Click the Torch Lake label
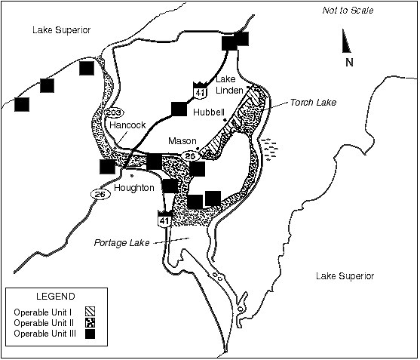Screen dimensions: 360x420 coord(312,102)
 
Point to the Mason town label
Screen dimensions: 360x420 coord(182,140)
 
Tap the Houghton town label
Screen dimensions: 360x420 coord(136,187)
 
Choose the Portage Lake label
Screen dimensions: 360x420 coord(121,243)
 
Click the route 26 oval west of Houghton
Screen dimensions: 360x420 coord(100,194)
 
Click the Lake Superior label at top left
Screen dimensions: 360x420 coord(62,30)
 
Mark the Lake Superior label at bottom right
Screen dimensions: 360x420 coord(345,276)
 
